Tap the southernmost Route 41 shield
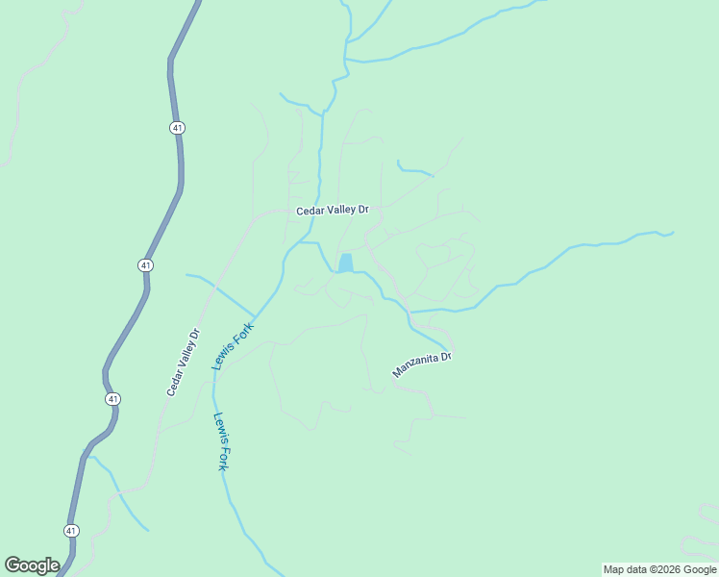pyautogui.click(x=72, y=530)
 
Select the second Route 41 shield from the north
pyautogui.click(x=145, y=264)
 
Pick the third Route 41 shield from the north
pyautogui.click(x=113, y=398)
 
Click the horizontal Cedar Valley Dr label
pyautogui.click(x=333, y=210)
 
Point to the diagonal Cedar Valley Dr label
pyautogui.click(x=183, y=363)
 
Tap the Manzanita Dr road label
pyautogui.click(x=422, y=364)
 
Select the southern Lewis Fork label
pyautogui.click(x=220, y=441)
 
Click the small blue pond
pyautogui.click(x=345, y=263)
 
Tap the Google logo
pyautogui.click(x=32, y=565)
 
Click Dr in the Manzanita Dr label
pyautogui.click(x=445, y=357)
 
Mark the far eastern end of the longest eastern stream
pyautogui.click(x=673, y=232)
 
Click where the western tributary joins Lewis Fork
pyautogui.click(x=256, y=314)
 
